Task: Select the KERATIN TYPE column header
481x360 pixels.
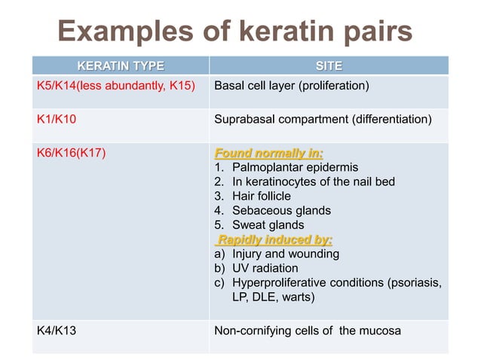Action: (121, 66)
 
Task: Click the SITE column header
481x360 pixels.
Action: (329, 66)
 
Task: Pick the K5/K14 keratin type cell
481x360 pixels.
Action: (115, 85)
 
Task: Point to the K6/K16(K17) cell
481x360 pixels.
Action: (72, 154)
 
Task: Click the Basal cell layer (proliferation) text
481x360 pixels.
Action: (292, 85)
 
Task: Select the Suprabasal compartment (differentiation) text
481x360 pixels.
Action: (323, 119)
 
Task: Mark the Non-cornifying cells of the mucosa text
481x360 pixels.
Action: (308, 330)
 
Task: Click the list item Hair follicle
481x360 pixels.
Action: (261, 196)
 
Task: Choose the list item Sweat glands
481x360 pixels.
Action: (268, 225)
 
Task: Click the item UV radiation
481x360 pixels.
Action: (265, 269)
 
